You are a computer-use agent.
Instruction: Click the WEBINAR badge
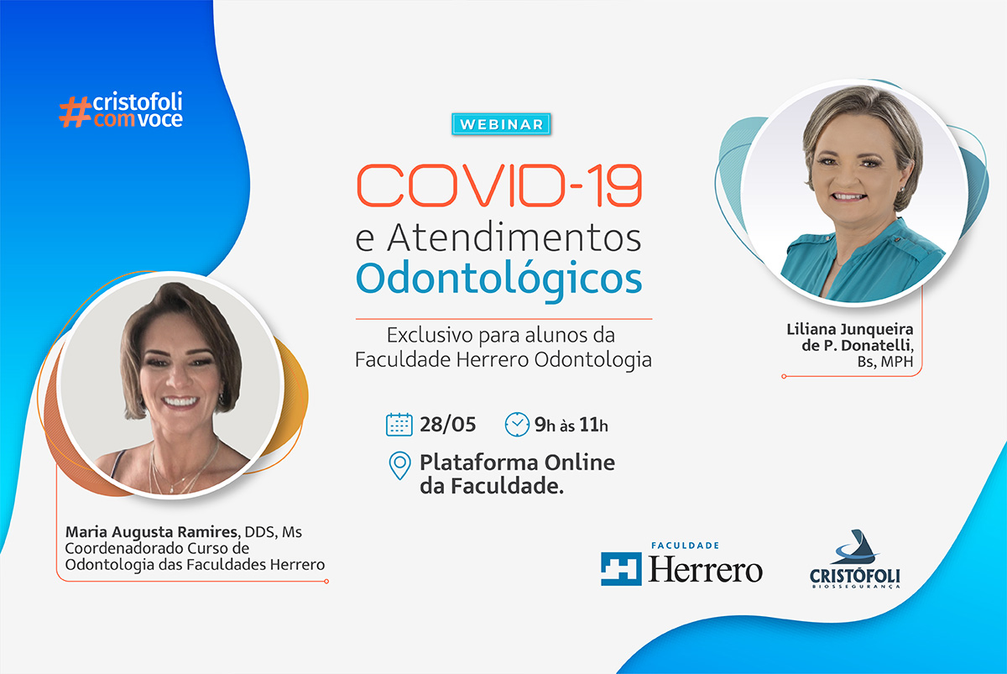click(501, 124)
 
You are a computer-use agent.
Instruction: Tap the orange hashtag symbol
click(75, 112)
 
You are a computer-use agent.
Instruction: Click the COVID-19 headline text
click(499, 185)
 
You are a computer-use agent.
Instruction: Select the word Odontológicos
click(499, 280)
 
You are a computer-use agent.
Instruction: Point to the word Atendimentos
click(514, 237)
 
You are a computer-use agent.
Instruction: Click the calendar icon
click(399, 425)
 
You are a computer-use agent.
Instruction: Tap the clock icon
click(517, 425)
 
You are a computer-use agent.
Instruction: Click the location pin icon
click(399, 465)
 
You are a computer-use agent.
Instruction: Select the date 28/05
click(447, 425)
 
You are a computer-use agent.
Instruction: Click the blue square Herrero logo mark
click(621, 569)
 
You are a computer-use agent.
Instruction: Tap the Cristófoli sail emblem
click(855, 547)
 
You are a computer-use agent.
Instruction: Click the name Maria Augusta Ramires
click(152, 532)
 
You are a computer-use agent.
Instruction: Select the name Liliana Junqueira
click(849, 329)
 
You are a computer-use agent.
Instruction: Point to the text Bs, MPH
click(885, 362)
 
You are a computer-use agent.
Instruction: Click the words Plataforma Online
click(517, 462)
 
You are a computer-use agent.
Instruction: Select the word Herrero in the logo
click(705, 570)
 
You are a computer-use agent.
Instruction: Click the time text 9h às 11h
click(571, 425)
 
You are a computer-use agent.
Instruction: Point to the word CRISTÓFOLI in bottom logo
click(854, 576)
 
